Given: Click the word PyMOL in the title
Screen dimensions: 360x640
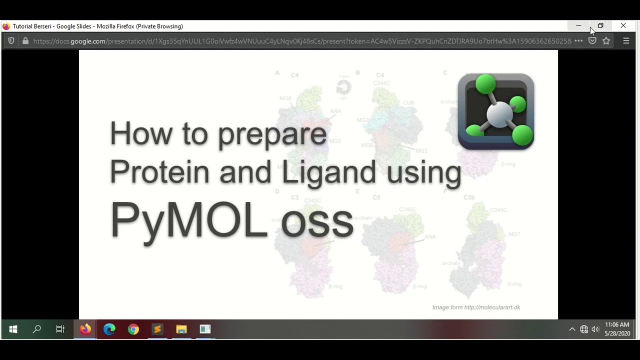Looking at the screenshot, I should [x=189, y=220].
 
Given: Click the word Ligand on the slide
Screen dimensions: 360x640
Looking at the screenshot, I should [x=328, y=172].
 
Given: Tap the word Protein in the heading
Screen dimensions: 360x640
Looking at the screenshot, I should [x=159, y=171].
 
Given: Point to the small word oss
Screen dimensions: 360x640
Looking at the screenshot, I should [x=317, y=221].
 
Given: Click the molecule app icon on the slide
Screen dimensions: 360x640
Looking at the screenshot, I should [x=496, y=111].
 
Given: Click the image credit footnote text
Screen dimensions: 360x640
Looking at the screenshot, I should [x=476, y=307].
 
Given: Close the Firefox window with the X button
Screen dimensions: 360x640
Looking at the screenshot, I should [x=623, y=26].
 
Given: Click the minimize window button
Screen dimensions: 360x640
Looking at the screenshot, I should [x=578, y=26].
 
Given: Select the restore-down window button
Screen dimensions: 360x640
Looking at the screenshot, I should [x=600, y=26].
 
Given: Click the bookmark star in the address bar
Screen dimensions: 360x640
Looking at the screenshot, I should [x=606, y=41].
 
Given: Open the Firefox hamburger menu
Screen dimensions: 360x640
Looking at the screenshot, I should [x=626, y=41].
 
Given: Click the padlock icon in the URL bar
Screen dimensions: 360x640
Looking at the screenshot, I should [x=25, y=41].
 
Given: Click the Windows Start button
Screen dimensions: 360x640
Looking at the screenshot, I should [x=13, y=329].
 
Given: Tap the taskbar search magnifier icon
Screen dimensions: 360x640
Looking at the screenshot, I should [x=37, y=329].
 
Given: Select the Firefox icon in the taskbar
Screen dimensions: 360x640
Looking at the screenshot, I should [x=85, y=329].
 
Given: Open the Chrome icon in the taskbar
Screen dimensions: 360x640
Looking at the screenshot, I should [x=133, y=329].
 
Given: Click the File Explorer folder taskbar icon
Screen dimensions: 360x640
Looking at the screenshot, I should [x=181, y=329].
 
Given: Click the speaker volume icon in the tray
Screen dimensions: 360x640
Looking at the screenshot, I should [x=595, y=329].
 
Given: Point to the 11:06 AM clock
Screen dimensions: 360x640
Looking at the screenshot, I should [x=617, y=325].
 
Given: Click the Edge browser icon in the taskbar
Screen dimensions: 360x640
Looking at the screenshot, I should [x=109, y=329].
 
